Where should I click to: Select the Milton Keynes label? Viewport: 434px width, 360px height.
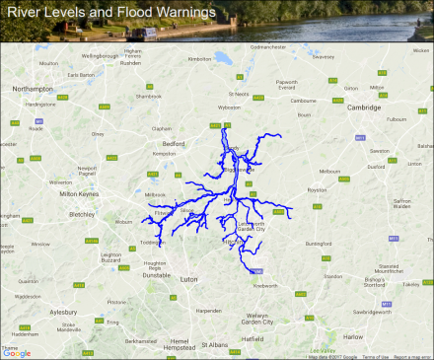pos(82,194)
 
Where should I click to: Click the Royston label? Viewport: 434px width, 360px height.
pos(316,190)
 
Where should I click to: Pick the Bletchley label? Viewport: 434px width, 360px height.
pos(82,213)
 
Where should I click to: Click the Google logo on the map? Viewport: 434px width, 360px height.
pos(18,353)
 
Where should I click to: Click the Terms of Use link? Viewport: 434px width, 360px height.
pos(375,356)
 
